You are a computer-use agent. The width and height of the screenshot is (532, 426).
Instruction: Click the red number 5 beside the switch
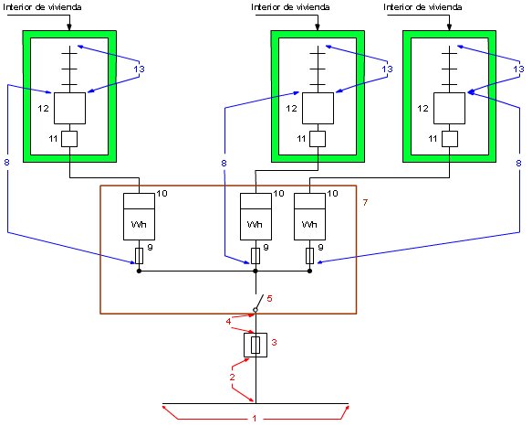pyautogui.click(x=269, y=298)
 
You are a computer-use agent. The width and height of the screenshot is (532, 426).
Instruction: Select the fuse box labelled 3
pyautogui.click(x=256, y=345)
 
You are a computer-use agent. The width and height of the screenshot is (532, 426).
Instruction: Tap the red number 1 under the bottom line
pyautogui.click(x=255, y=418)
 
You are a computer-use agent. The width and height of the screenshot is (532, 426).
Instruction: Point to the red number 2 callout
pyautogui.click(x=232, y=377)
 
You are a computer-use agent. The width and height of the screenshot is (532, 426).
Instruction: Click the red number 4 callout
pyautogui.click(x=229, y=321)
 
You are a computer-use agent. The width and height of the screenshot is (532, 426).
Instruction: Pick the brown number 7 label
pyautogui.click(x=365, y=202)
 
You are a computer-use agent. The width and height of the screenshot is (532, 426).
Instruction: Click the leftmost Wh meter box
pyautogui.click(x=139, y=217)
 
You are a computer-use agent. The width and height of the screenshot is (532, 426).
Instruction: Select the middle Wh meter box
pyautogui.click(x=256, y=217)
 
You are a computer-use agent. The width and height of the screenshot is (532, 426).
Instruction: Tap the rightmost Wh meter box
pyautogui.click(x=309, y=217)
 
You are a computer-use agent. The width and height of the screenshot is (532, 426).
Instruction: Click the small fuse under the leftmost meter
pyautogui.click(x=139, y=256)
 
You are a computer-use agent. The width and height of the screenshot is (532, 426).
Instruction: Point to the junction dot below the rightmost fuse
pyautogui.click(x=309, y=271)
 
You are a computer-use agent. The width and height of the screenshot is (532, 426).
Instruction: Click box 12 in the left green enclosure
pyautogui.click(x=70, y=108)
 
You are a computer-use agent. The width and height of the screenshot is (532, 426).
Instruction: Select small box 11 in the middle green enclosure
pyautogui.click(x=318, y=139)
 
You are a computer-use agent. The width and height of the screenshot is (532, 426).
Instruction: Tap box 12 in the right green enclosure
pyautogui.click(x=450, y=108)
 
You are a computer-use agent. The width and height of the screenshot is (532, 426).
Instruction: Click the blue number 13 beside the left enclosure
pyautogui.click(x=139, y=69)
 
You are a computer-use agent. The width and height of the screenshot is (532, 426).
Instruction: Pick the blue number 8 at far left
pyautogui.click(x=6, y=162)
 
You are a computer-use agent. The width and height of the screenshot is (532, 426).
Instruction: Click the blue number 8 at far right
pyautogui.click(x=518, y=163)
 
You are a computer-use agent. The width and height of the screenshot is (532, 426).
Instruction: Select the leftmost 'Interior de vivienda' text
pyautogui.click(x=42, y=6)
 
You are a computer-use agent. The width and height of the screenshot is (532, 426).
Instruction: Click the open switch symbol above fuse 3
pyautogui.click(x=258, y=304)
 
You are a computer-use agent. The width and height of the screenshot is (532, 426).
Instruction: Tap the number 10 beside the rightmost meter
pyautogui.click(x=332, y=194)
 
